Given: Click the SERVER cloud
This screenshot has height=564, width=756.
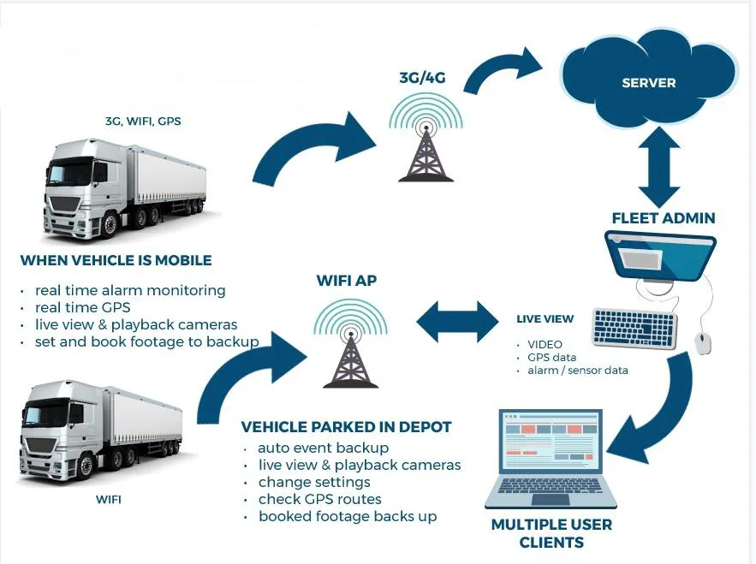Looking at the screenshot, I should click(649, 81).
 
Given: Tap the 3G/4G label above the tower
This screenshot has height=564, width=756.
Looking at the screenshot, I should click(422, 77).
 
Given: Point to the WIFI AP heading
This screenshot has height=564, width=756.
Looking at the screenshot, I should click(347, 280).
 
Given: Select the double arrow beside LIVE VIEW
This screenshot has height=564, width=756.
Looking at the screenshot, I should click(457, 322).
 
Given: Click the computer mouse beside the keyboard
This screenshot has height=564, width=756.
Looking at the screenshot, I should click(703, 343).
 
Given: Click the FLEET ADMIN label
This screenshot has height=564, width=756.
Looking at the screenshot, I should click(663, 218).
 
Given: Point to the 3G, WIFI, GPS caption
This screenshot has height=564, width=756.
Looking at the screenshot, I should click(143, 122).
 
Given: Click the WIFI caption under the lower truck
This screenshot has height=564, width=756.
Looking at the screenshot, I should click(107, 498).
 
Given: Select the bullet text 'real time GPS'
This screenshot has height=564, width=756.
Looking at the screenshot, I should click(83, 308).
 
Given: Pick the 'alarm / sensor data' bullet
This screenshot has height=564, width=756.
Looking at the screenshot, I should click(577, 371).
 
